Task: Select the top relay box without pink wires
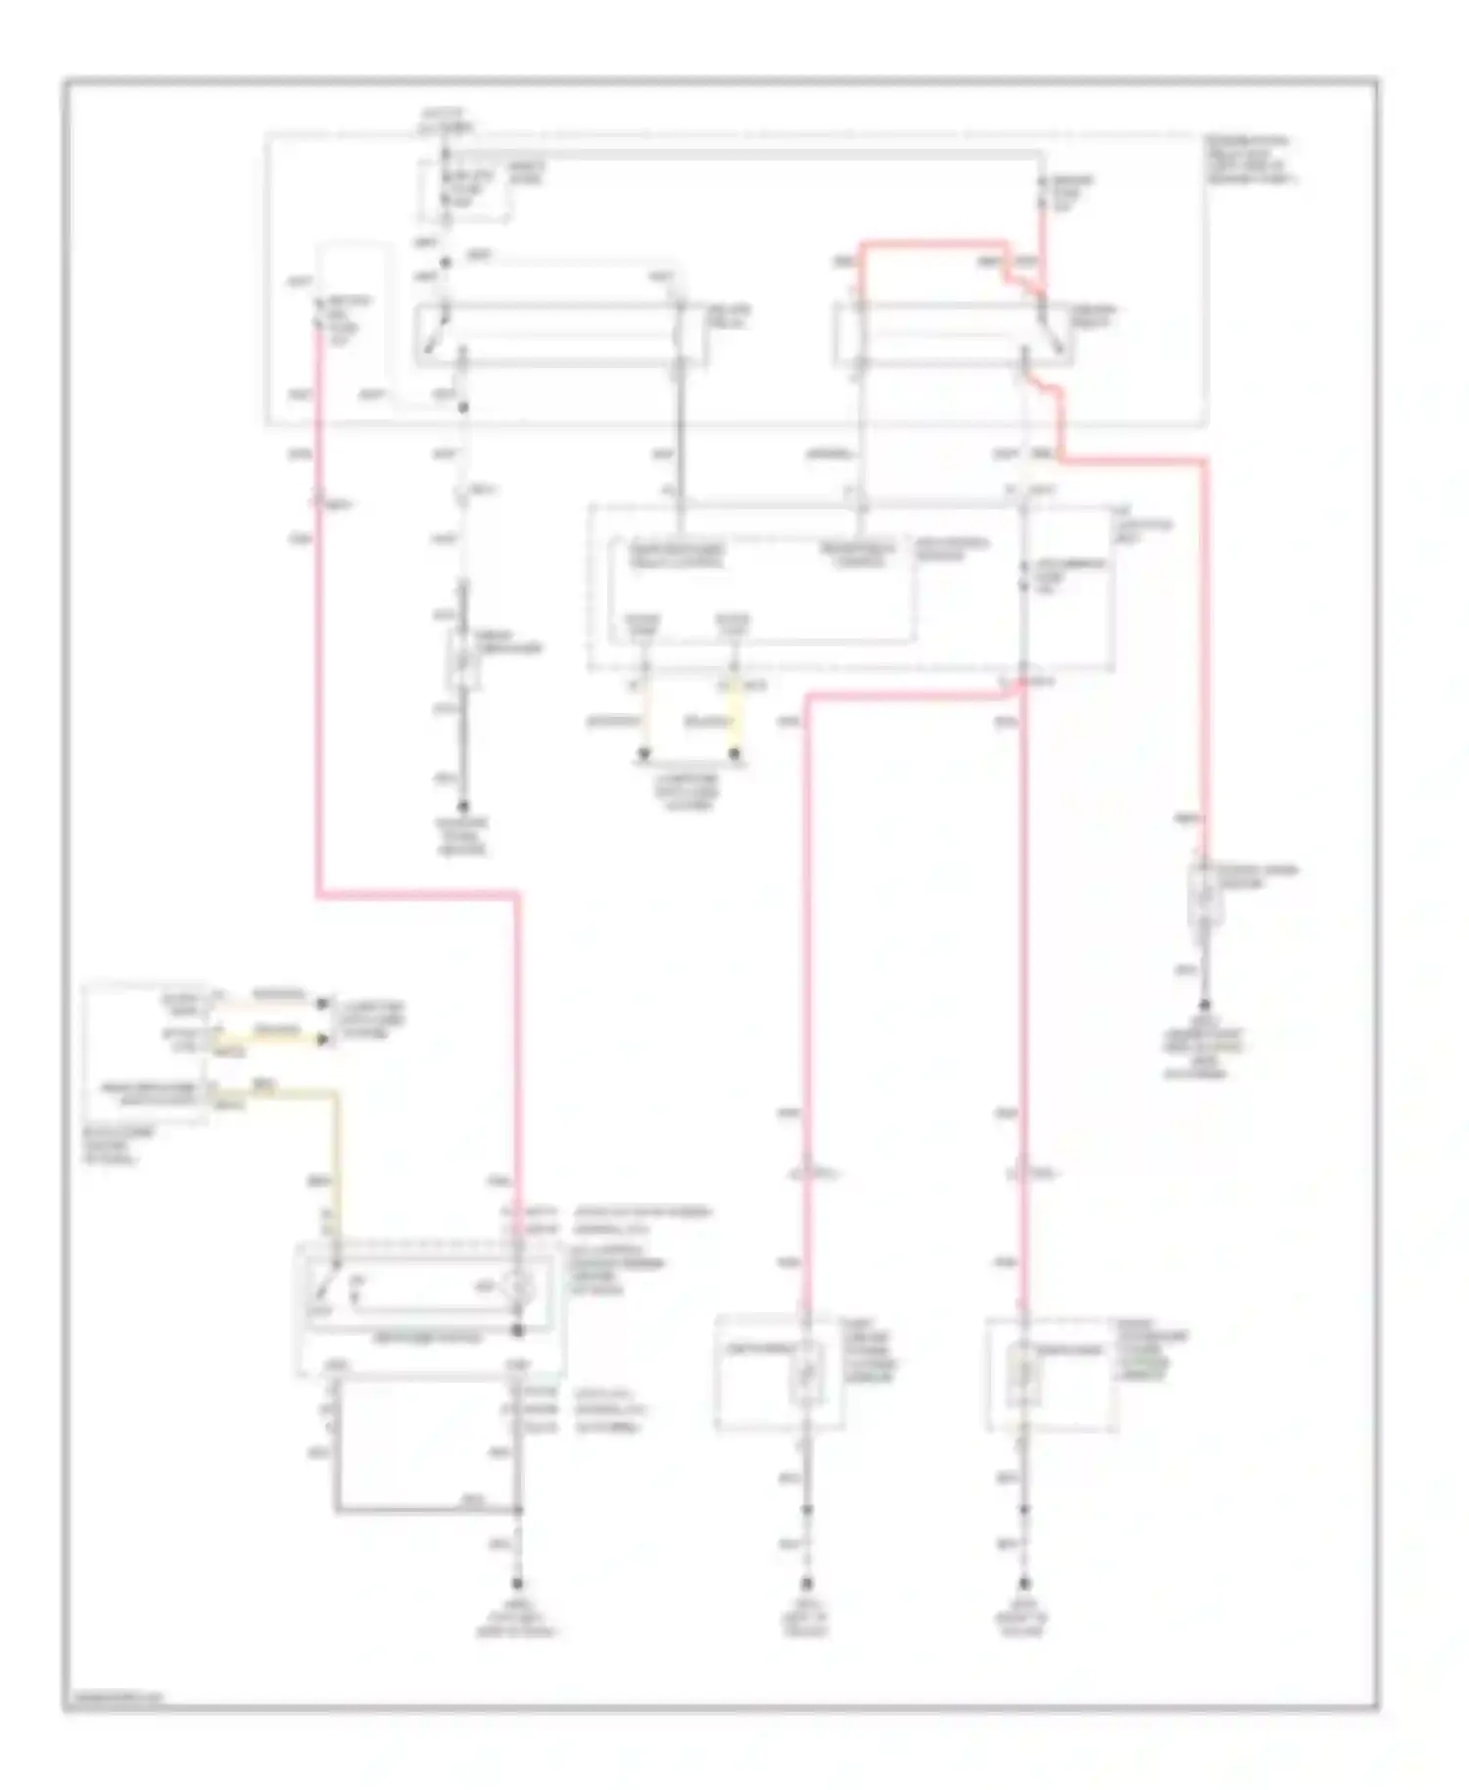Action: click(x=561, y=336)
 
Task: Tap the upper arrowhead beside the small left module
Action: click(x=322, y=1004)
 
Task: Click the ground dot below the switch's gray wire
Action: click(x=518, y=1583)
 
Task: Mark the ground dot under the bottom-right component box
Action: click(x=1024, y=1583)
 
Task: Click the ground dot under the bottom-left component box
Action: click(x=807, y=1583)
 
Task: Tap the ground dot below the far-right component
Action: click(x=1205, y=1006)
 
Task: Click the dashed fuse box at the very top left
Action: click(x=464, y=191)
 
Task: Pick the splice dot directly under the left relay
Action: click(x=463, y=407)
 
